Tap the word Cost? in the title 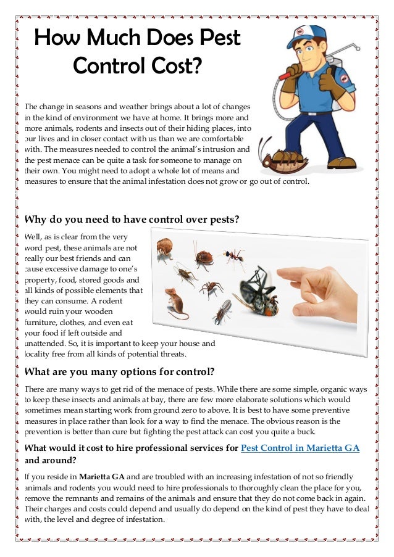(175, 65)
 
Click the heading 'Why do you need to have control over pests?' (131, 220)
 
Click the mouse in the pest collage (176, 304)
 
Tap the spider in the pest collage (211, 288)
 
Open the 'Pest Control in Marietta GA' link (300, 447)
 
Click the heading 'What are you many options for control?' (119, 371)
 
